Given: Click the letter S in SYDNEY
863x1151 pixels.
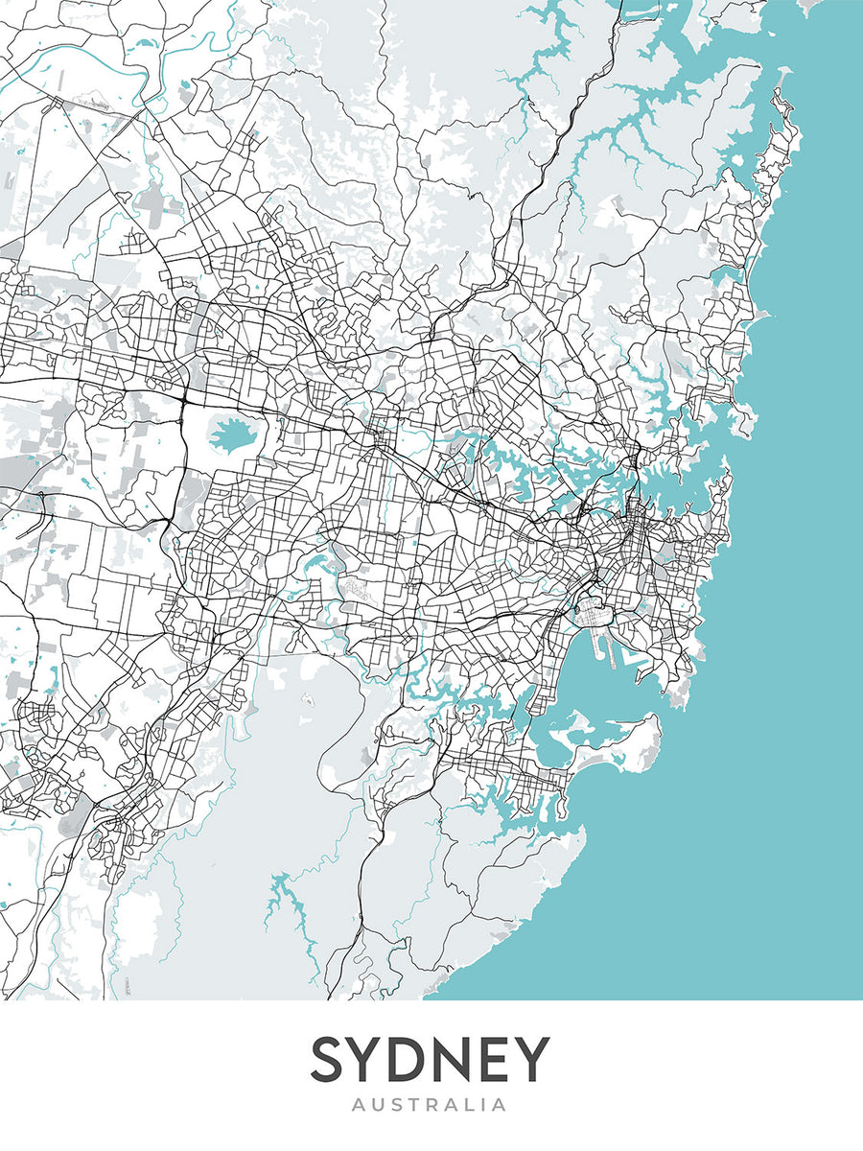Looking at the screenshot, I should pos(330,1059).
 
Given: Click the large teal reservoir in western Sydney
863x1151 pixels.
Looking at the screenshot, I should pos(230,437).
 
